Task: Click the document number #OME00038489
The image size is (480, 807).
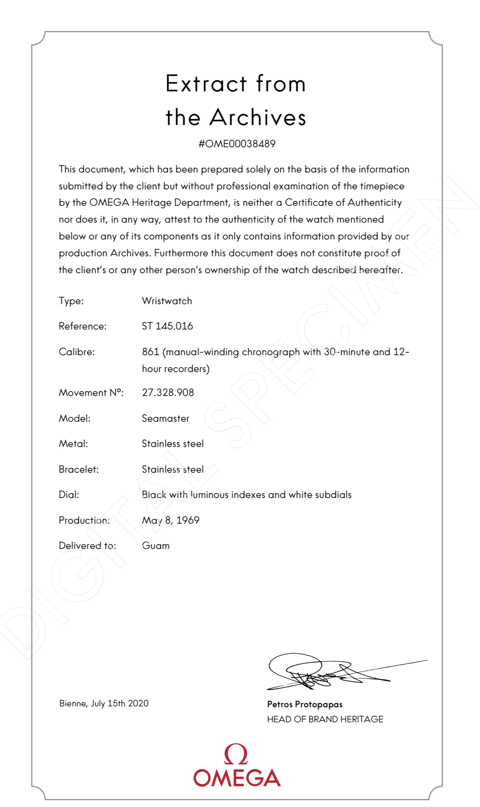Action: coord(237,144)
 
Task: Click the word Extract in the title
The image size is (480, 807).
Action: coord(206,84)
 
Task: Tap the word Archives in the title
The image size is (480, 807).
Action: coord(258,118)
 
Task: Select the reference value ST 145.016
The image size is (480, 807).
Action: coord(167,326)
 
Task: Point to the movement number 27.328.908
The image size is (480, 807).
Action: coord(168,392)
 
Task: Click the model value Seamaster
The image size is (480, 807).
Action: coord(165,418)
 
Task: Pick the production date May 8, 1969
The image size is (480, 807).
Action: coord(170,520)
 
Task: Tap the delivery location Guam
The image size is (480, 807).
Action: coord(156,546)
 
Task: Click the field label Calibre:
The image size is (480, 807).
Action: coord(77,352)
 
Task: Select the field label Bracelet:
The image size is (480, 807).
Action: coord(79,469)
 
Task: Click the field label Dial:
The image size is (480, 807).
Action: coord(69,495)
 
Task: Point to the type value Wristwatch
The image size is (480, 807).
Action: coord(167,301)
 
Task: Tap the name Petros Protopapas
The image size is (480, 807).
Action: coord(305,704)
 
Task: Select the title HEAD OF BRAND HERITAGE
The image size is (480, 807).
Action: coord(325,719)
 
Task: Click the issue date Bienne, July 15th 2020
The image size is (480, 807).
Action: coord(104,703)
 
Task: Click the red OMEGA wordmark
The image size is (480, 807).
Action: coord(237,778)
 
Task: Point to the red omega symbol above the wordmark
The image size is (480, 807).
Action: coord(236,754)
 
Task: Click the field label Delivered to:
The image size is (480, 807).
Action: coord(87,546)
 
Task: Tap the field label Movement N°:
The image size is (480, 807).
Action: coord(91,392)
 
